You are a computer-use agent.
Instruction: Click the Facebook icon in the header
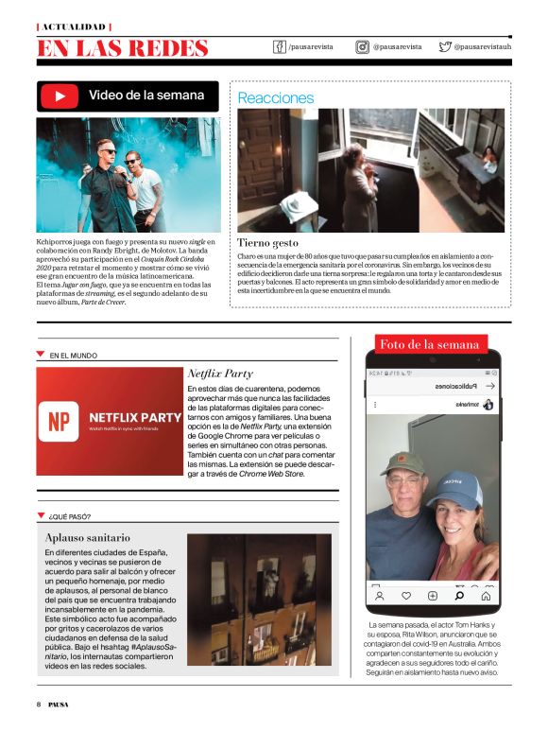pyautogui.click(x=279, y=46)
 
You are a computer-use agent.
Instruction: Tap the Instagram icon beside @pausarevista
pyautogui.click(x=362, y=46)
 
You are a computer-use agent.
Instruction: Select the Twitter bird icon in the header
pyautogui.click(x=444, y=46)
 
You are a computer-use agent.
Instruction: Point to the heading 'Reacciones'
pyautogui.click(x=275, y=97)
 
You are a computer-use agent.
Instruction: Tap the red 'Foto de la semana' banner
pyautogui.click(x=429, y=345)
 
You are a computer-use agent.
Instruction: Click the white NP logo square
pyautogui.click(x=61, y=423)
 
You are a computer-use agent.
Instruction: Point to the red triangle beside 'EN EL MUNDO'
pyautogui.click(x=40, y=354)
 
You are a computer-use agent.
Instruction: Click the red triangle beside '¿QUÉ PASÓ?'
pyautogui.click(x=40, y=514)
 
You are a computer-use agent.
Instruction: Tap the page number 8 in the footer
pyautogui.click(x=38, y=704)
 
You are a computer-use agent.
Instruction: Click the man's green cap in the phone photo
pyautogui.click(x=401, y=462)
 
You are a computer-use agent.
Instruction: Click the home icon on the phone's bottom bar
pyautogui.click(x=486, y=596)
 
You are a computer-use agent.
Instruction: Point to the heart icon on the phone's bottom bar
pyautogui.click(x=406, y=596)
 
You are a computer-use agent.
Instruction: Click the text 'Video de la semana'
pyautogui.click(x=146, y=95)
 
